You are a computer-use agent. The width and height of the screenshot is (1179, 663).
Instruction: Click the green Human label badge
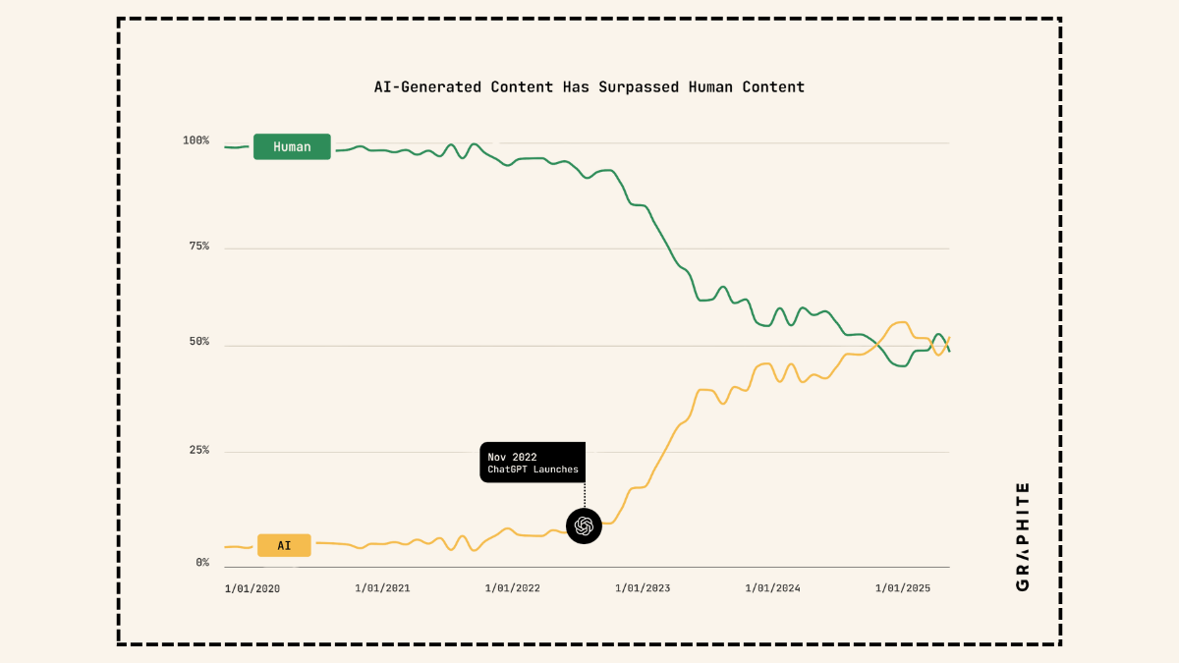[x=292, y=146]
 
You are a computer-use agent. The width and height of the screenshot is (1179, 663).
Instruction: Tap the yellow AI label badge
[x=284, y=545]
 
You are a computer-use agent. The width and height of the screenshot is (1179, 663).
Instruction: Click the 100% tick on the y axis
[x=196, y=140]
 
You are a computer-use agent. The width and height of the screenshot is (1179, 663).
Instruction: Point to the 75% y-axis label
[x=198, y=247]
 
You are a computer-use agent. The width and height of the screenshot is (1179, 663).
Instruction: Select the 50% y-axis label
[x=198, y=342]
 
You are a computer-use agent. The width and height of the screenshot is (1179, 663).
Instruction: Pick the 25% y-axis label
[x=198, y=451]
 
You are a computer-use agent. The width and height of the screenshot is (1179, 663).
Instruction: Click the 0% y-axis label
[x=201, y=563]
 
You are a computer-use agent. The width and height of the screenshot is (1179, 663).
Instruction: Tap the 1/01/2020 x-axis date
[x=253, y=588]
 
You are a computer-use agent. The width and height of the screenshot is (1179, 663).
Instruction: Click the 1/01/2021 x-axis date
[x=382, y=588]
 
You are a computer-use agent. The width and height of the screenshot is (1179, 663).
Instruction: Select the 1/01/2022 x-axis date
[x=513, y=588]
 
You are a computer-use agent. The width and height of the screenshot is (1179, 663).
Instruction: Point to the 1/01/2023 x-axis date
[x=643, y=588]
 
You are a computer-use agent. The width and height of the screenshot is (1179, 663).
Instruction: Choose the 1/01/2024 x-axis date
[x=772, y=588]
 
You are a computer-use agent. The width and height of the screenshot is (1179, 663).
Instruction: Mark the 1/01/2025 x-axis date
[x=903, y=588]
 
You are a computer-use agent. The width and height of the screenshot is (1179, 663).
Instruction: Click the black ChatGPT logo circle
[x=584, y=525]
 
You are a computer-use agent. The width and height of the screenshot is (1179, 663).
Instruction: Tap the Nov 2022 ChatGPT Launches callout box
[x=533, y=463]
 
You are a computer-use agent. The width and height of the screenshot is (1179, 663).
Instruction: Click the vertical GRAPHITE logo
[x=1023, y=536]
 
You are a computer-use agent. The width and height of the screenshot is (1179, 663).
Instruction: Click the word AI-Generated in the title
[x=427, y=86]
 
